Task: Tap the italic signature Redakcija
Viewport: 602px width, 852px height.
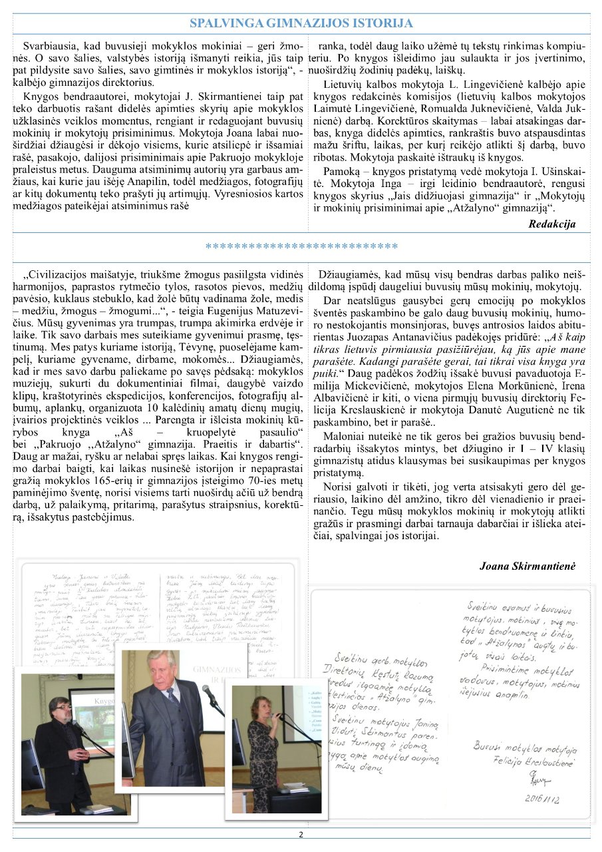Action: [x=551, y=224]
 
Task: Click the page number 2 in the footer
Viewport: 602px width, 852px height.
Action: [x=301, y=835]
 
